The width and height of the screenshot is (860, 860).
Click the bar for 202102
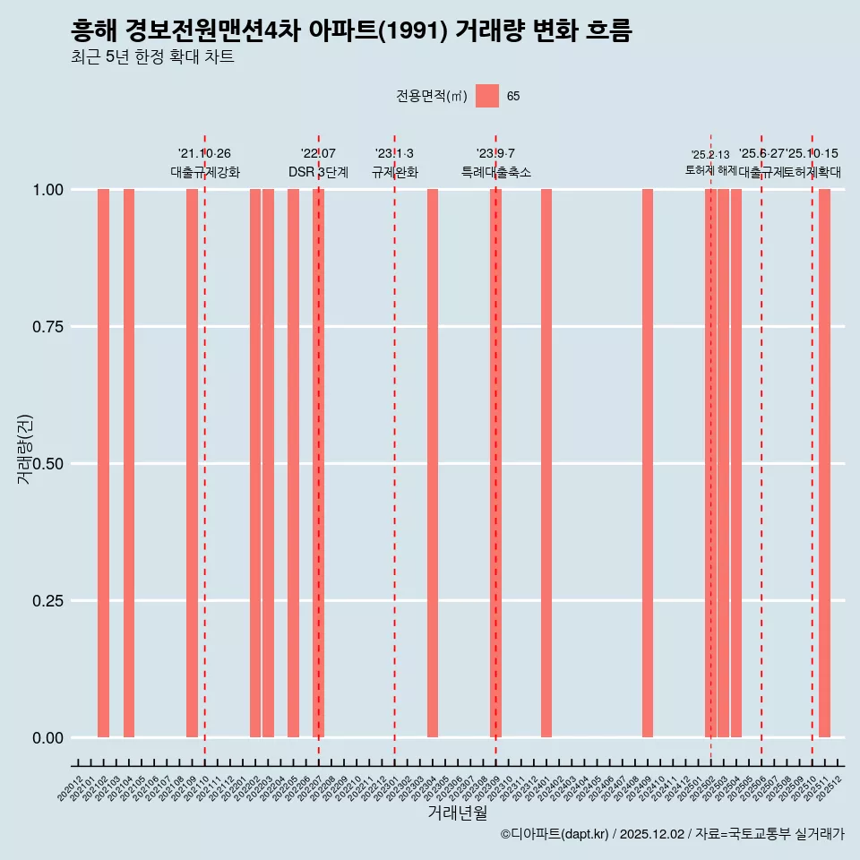point(103,463)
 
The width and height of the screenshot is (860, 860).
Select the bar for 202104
point(129,463)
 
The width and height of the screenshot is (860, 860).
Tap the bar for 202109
point(192,463)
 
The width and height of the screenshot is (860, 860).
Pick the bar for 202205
point(293,463)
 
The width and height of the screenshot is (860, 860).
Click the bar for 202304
point(433,463)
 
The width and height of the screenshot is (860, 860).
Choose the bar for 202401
point(546,463)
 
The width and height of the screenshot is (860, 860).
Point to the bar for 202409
point(648,463)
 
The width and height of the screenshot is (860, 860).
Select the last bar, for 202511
point(824,463)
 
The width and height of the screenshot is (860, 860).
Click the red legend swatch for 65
point(487,96)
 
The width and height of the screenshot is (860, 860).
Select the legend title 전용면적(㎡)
point(432,96)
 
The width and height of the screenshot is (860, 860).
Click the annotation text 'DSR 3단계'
point(318,172)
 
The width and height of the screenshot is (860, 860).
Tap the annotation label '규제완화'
point(395,172)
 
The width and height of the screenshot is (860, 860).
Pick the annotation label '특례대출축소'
point(496,172)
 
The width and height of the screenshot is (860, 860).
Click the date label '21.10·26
point(204,154)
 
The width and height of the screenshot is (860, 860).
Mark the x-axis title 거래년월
point(457,813)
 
